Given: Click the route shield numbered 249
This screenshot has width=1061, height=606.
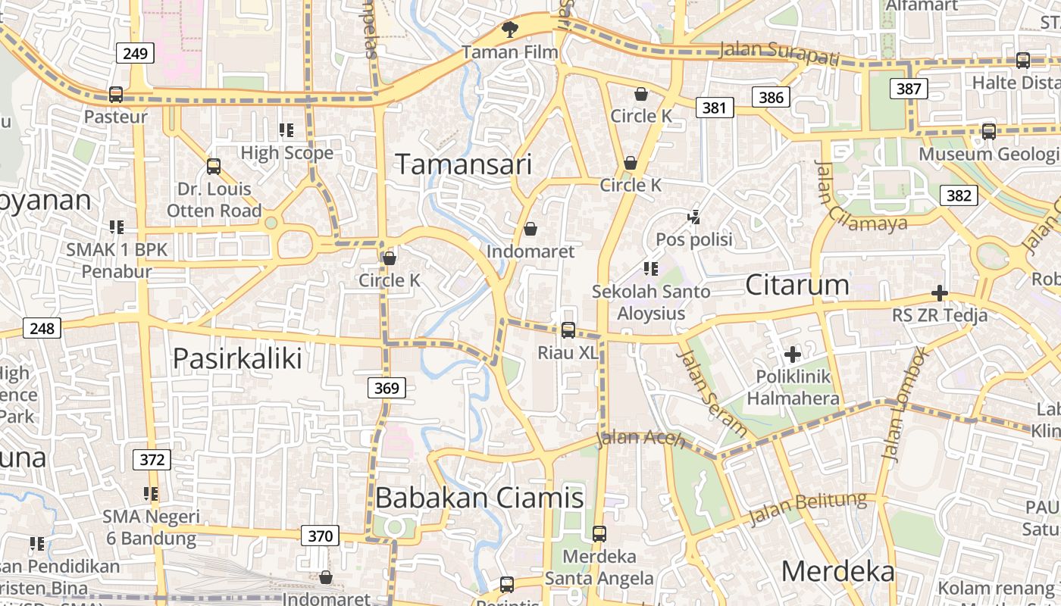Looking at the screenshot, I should (x=136, y=53).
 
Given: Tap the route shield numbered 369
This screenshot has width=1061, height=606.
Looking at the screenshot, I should (x=387, y=389).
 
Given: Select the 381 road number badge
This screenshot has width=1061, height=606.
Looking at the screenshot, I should (x=715, y=108).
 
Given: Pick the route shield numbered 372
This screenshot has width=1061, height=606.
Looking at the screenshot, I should (x=152, y=459).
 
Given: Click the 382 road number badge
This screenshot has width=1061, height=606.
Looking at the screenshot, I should (x=959, y=195).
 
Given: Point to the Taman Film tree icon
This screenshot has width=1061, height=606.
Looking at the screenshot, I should (x=510, y=30).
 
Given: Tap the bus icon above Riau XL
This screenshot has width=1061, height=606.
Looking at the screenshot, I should (x=568, y=330).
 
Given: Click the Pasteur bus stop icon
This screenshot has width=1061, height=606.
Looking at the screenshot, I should (x=116, y=95).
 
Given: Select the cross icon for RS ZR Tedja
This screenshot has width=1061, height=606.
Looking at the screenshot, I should (x=940, y=293).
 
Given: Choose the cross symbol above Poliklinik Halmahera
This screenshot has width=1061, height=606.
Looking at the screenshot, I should (x=793, y=354).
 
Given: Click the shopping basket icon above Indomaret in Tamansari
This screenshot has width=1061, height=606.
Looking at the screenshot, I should (x=530, y=229).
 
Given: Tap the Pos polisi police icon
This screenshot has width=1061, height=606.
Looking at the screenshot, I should (x=693, y=217).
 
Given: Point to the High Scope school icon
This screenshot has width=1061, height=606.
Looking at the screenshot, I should (x=286, y=130).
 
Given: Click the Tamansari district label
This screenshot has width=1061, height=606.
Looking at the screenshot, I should (x=464, y=164).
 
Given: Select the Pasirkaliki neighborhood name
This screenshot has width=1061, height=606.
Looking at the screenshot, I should (x=237, y=358).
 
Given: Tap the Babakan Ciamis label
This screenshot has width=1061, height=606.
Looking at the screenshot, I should (x=479, y=498).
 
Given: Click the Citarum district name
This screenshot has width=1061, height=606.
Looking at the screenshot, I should (x=797, y=285).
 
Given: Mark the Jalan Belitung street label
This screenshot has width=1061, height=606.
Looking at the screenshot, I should (x=807, y=508).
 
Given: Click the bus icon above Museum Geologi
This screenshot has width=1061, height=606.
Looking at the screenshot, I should (x=988, y=132).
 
